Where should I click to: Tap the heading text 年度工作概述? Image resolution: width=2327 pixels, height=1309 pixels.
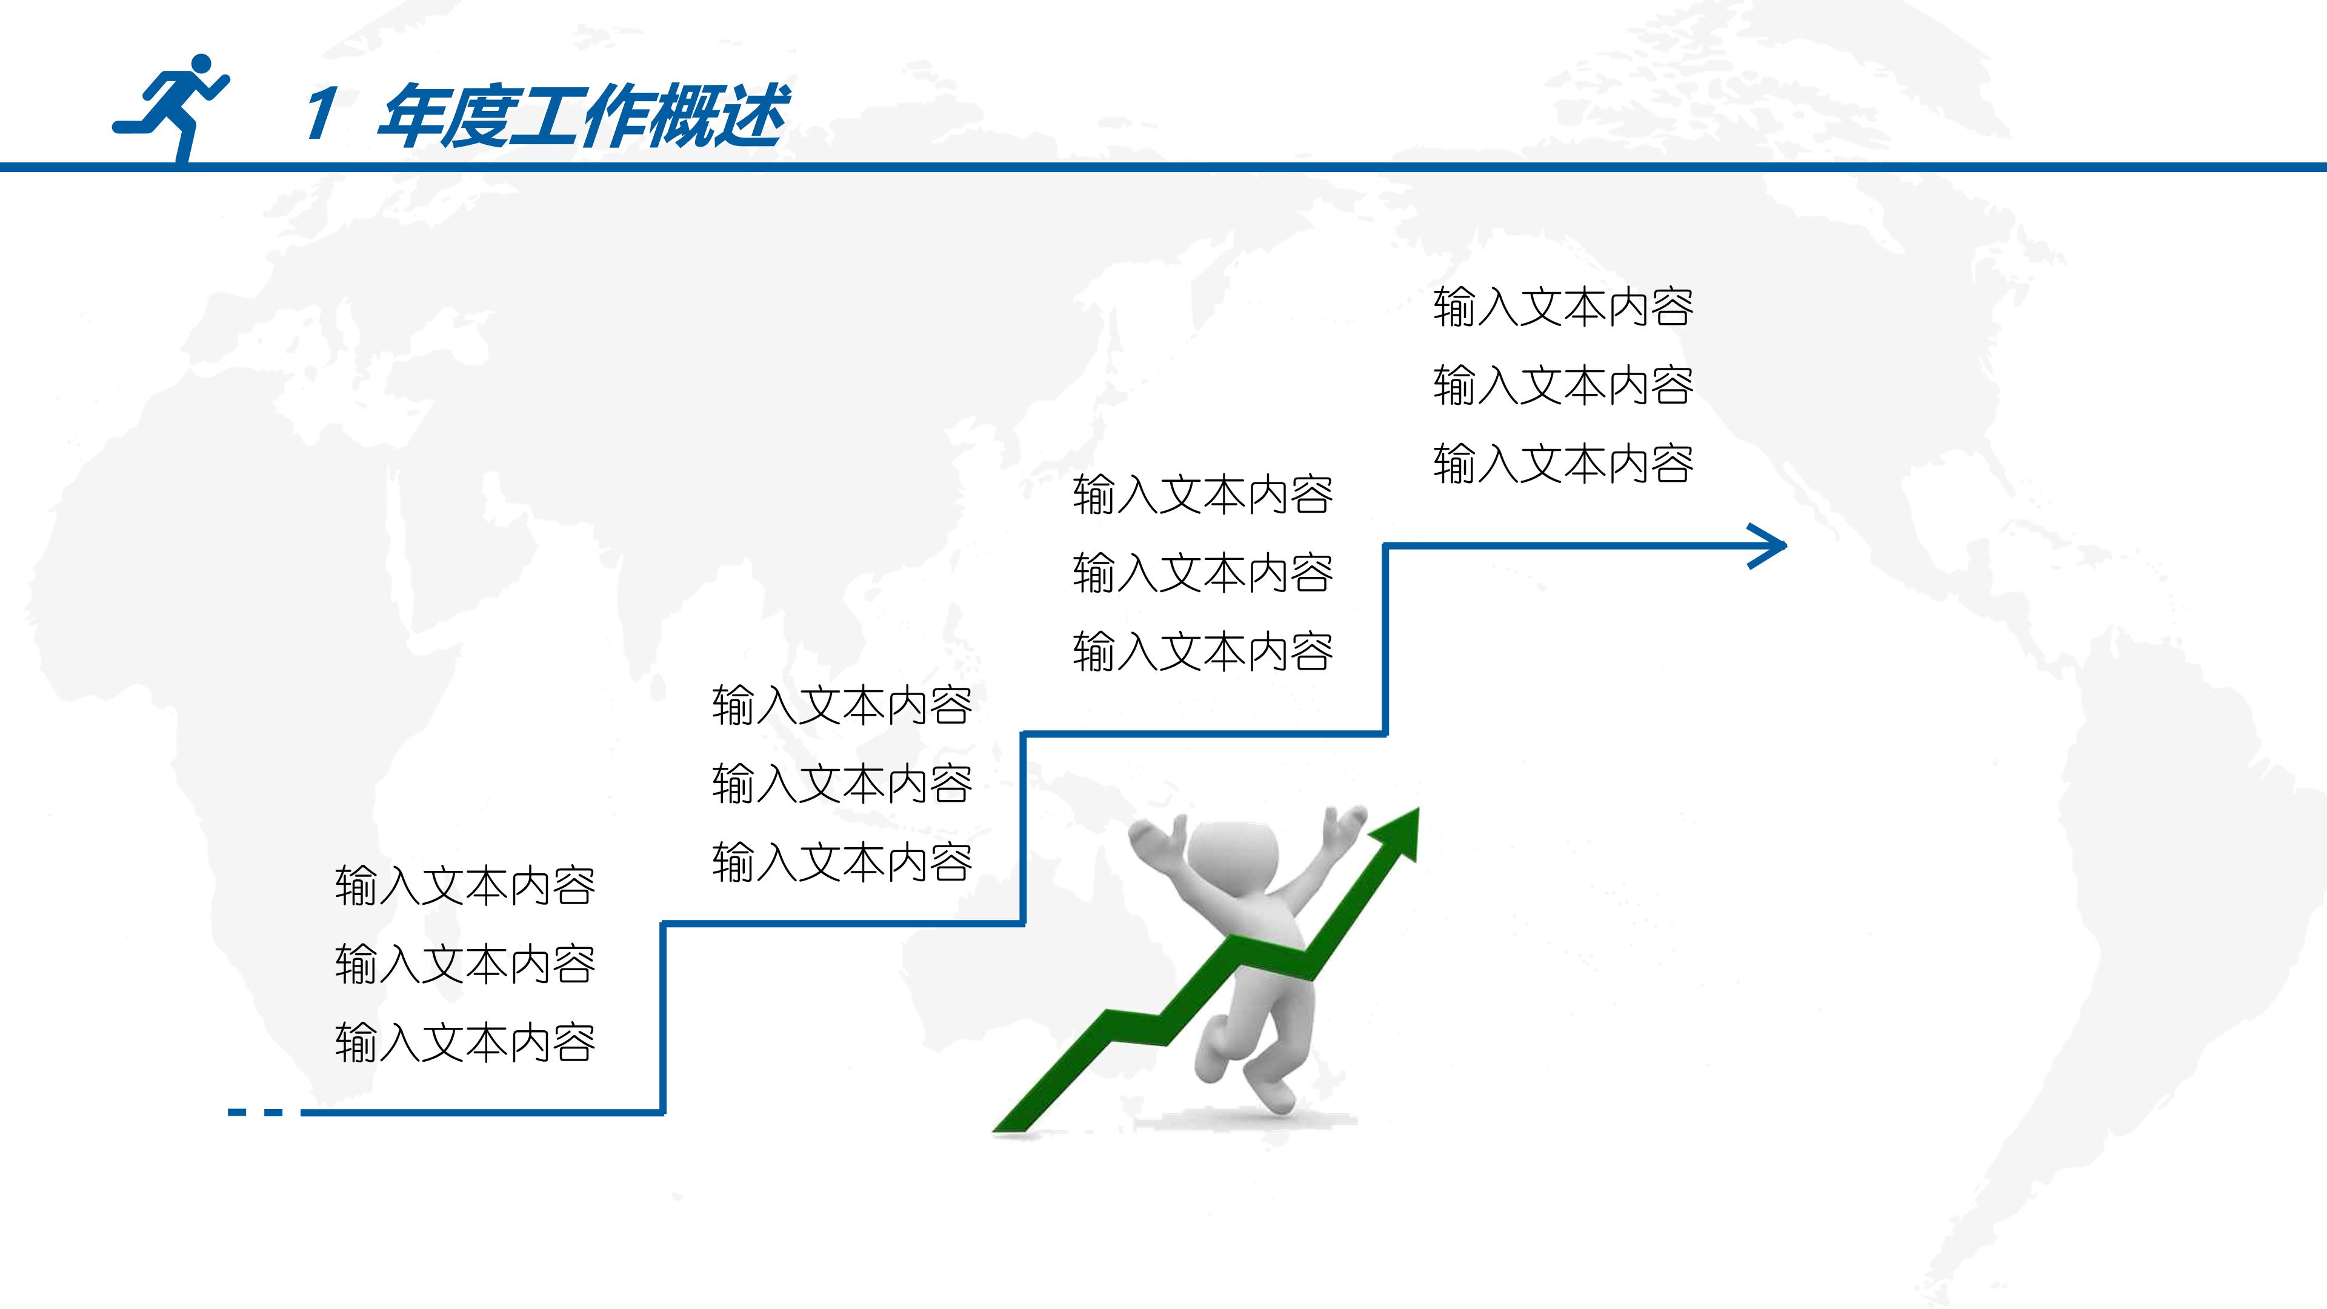(582, 115)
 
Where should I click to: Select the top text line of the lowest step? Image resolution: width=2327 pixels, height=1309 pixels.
(465, 885)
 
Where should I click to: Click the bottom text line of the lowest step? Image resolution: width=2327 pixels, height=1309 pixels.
(465, 1042)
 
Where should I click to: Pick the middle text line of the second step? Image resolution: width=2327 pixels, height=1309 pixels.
(842, 783)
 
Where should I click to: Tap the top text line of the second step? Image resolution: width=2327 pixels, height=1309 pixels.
(842, 705)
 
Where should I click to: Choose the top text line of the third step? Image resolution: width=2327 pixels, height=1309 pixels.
(1202, 494)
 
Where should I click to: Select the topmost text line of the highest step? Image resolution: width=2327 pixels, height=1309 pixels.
(1563, 306)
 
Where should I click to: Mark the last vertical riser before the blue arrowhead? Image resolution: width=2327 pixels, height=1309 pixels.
(1385, 639)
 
